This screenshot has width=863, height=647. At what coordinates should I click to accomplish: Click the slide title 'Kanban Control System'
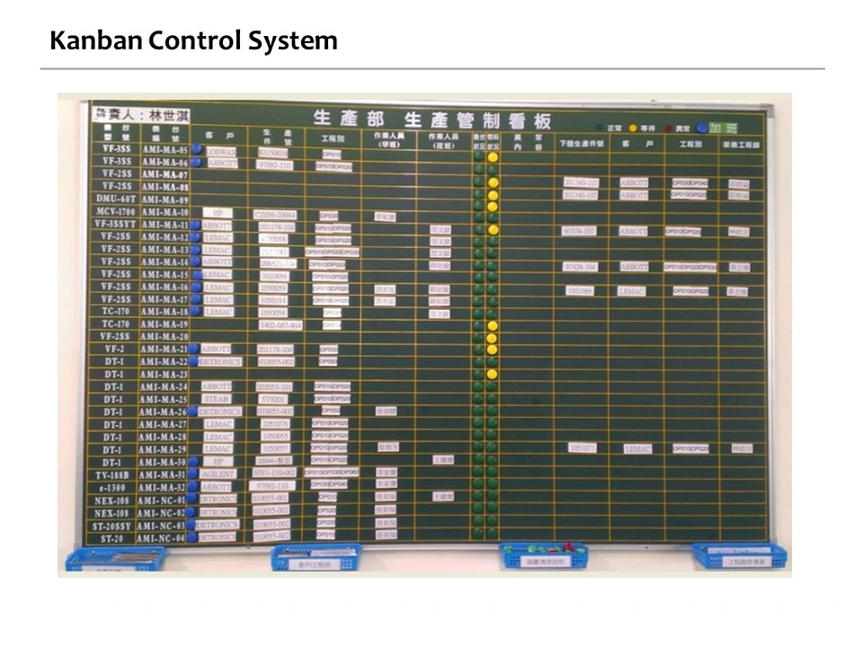[193, 40]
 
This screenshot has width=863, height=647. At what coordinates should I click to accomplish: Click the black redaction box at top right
[701, 38]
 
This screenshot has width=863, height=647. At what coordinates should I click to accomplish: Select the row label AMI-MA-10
[164, 212]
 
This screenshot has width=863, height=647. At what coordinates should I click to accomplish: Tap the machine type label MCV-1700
[114, 212]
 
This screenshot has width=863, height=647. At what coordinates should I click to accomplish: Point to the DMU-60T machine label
[115, 199]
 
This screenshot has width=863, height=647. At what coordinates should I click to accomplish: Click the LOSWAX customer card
[220, 152]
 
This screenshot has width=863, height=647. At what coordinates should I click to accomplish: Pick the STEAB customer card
[218, 399]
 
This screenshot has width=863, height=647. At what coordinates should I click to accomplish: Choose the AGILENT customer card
[218, 474]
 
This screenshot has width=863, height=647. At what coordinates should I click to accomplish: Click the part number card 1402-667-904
[280, 324]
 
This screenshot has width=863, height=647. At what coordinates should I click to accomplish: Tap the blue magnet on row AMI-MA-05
[196, 150]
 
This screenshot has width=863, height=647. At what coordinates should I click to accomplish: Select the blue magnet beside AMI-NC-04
[194, 536]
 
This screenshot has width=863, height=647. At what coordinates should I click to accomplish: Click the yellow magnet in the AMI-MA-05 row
[493, 157]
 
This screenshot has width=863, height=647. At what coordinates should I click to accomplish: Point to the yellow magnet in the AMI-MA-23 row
[492, 373]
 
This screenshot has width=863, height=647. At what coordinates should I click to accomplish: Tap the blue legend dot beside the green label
[701, 128]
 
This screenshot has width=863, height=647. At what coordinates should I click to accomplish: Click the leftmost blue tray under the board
[114, 558]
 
